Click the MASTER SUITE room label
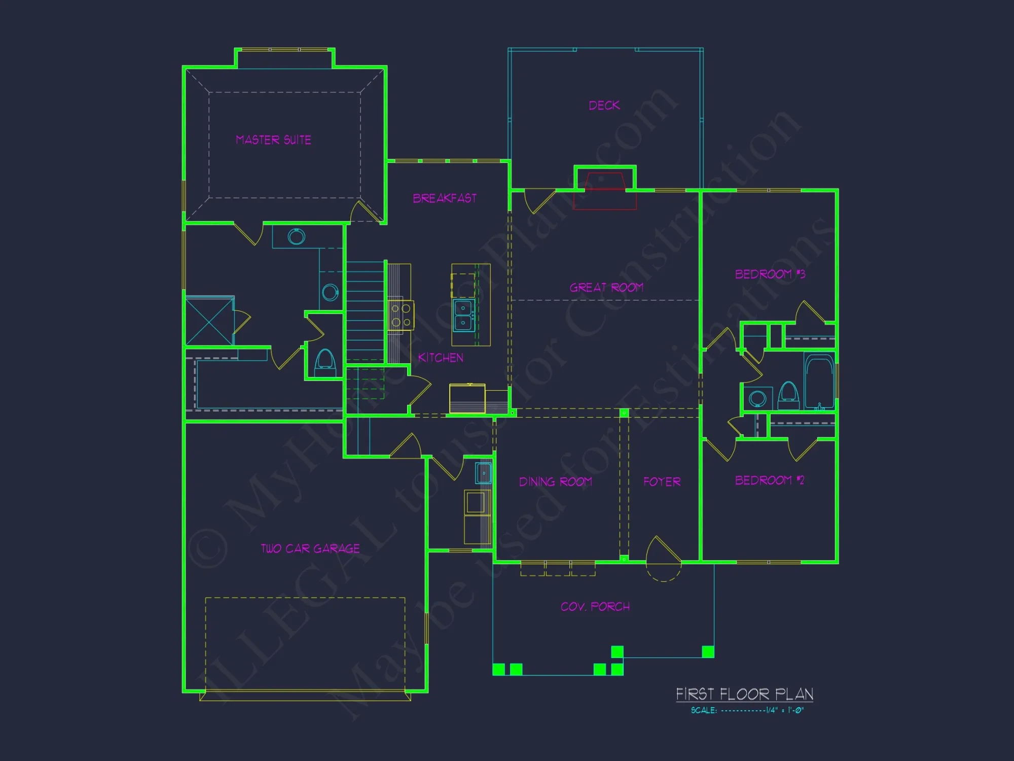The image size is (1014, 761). pyautogui.click(x=273, y=140)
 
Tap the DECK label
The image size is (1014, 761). pyautogui.click(x=604, y=105)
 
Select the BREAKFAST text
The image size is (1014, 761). pyautogui.click(x=445, y=198)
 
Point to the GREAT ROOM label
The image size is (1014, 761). pyautogui.click(x=606, y=287)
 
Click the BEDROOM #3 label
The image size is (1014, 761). pyautogui.click(x=770, y=274)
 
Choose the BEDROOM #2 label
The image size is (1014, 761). pyautogui.click(x=769, y=480)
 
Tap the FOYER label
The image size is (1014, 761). pyautogui.click(x=662, y=481)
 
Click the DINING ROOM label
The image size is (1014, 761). pyautogui.click(x=555, y=481)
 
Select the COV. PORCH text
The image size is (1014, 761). pyautogui.click(x=595, y=606)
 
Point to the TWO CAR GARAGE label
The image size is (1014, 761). pyautogui.click(x=310, y=548)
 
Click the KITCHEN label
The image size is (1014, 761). pyautogui.click(x=440, y=358)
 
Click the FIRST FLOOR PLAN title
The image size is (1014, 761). pyautogui.click(x=744, y=694)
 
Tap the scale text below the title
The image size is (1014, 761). pyautogui.click(x=747, y=710)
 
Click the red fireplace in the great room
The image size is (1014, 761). pyautogui.click(x=604, y=191)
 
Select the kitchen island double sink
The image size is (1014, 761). pyautogui.click(x=463, y=315)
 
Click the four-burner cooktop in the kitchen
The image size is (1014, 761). pyautogui.click(x=401, y=315)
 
